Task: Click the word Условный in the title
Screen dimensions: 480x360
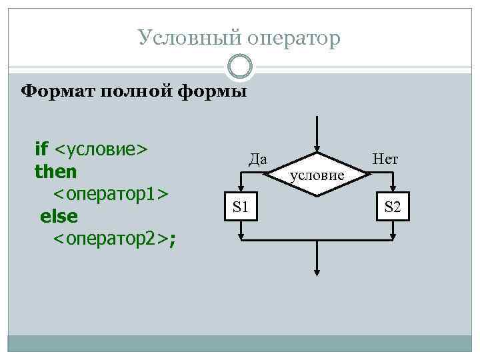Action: tap(179, 38)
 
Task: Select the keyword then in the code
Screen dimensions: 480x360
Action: tap(56, 171)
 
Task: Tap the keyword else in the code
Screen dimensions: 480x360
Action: tap(59, 217)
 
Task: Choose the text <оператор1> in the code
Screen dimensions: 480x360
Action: tap(111, 194)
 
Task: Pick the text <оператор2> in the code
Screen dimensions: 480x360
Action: tap(111, 239)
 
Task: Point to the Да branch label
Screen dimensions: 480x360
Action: tap(257, 159)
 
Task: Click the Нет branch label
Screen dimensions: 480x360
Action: tap(385, 159)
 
